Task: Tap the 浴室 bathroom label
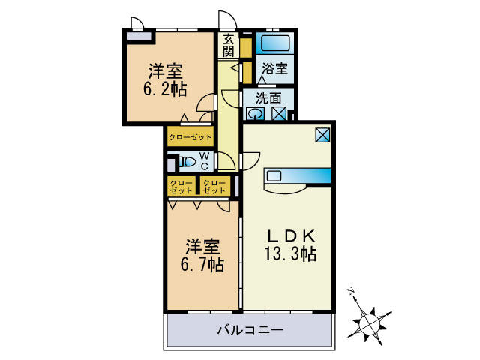pyautogui.click(x=274, y=68)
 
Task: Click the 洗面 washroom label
pyautogui.click(x=268, y=97)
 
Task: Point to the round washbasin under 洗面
pyautogui.click(x=256, y=114)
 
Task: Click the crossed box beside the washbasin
pyautogui.click(x=278, y=114)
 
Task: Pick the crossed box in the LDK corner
pyautogui.click(x=322, y=134)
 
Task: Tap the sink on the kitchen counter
pyautogui.click(x=274, y=176)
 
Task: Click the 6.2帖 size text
pyautogui.click(x=165, y=88)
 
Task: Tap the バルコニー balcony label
pyautogui.click(x=250, y=329)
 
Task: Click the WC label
pyautogui.click(x=203, y=161)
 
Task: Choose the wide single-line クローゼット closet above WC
pyautogui.click(x=190, y=137)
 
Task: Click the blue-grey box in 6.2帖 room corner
pyautogui.click(x=136, y=34)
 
